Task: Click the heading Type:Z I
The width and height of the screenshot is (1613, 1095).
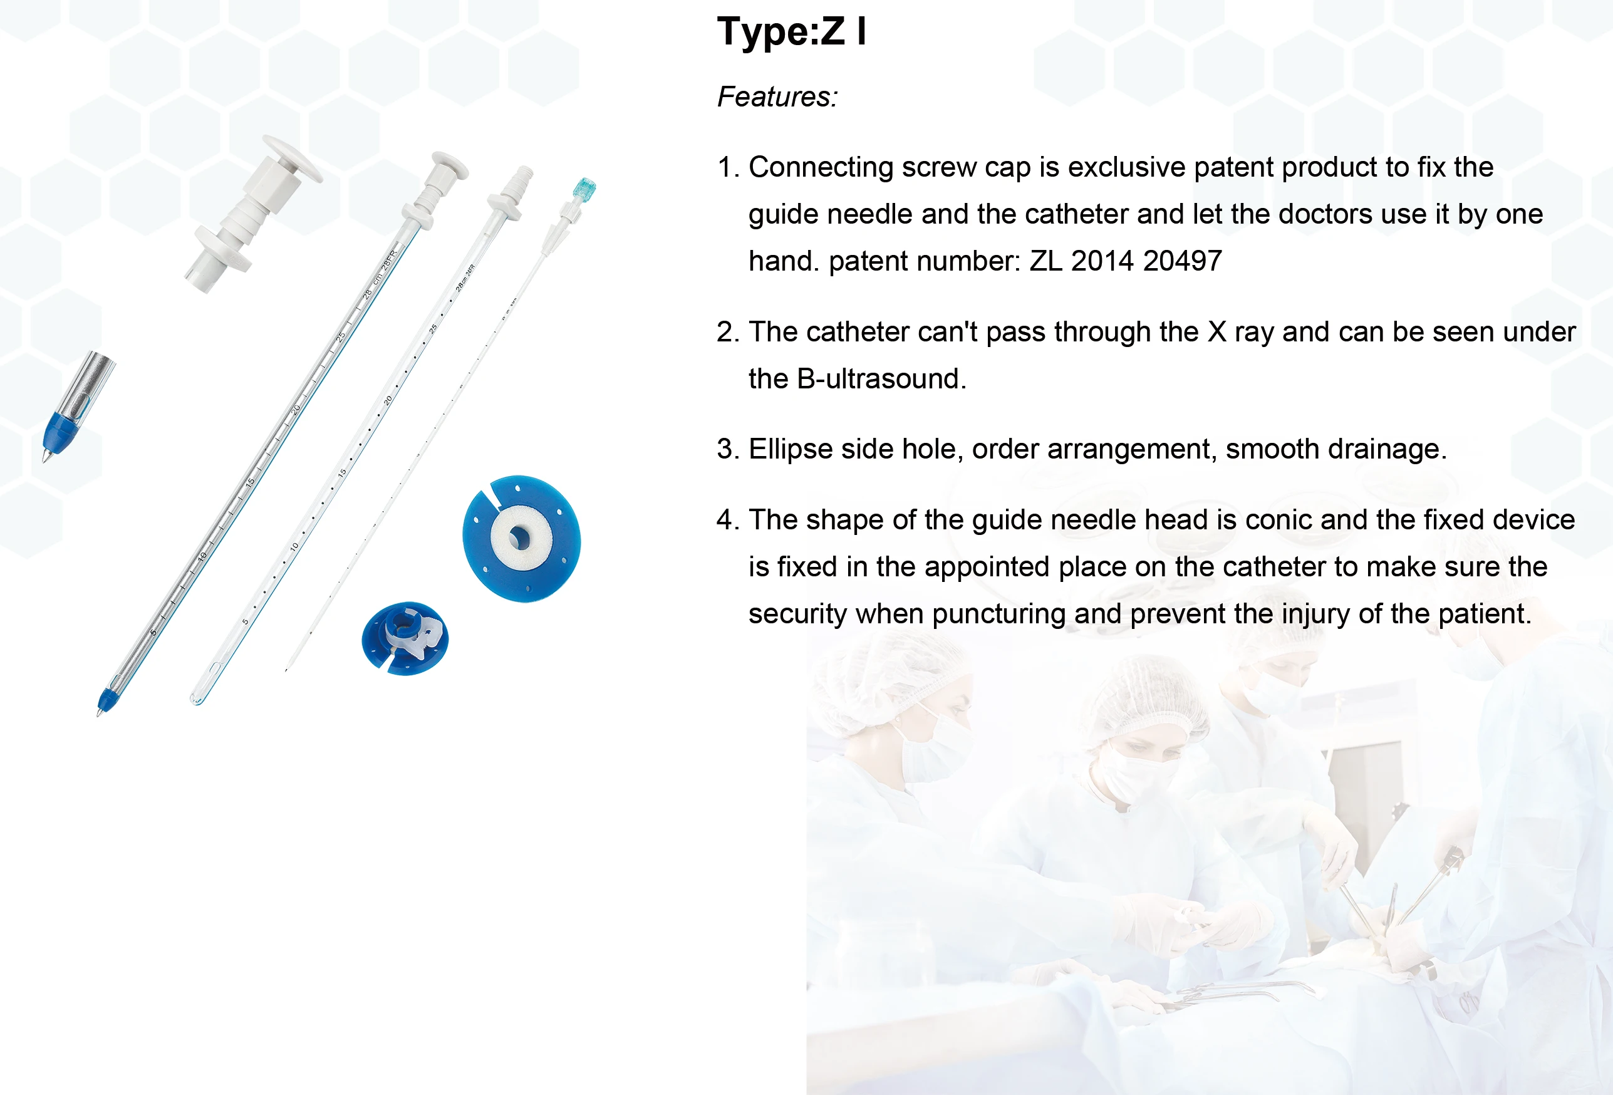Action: pyautogui.click(x=791, y=32)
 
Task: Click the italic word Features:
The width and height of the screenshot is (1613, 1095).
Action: pyautogui.click(x=777, y=97)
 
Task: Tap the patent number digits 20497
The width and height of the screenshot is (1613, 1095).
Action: pyautogui.click(x=1182, y=262)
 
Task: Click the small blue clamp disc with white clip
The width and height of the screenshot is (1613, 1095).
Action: pyautogui.click(x=405, y=638)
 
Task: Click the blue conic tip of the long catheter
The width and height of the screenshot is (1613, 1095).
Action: pyautogui.click(x=105, y=700)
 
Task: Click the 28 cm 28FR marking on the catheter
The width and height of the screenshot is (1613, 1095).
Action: pyautogui.click(x=380, y=275)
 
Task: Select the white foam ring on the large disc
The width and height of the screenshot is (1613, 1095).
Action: pyautogui.click(x=521, y=536)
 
